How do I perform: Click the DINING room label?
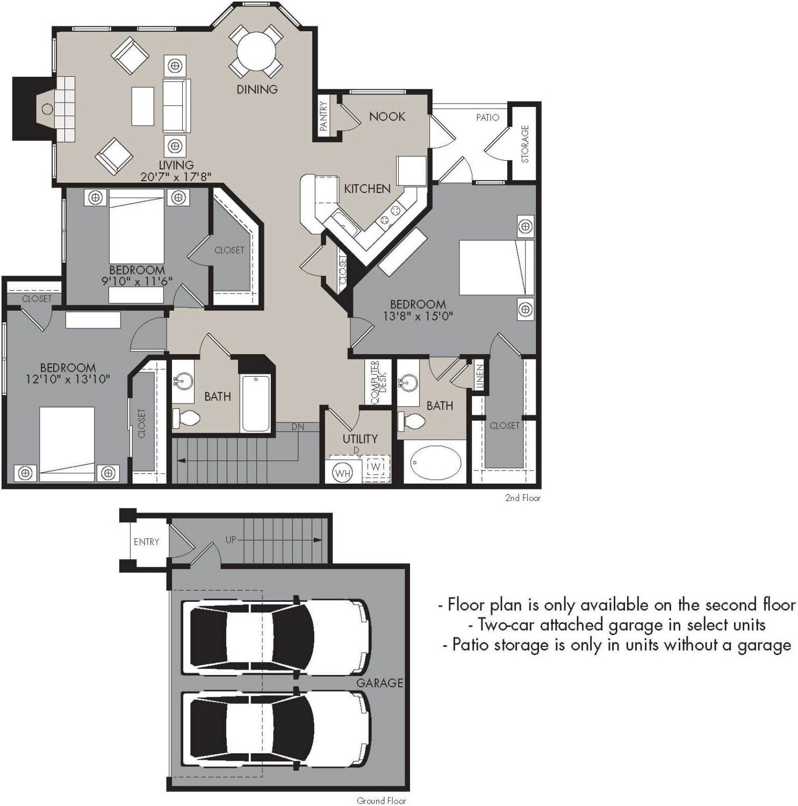pos(257,89)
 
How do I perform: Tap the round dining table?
pos(256,53)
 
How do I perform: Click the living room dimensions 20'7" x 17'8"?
pos(176,176)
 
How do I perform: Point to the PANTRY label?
pos(323,116)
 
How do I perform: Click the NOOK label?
pos(387,117)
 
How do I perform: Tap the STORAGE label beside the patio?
pos(525,143)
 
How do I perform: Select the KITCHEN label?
pos(367,189)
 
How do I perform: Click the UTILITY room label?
pos(360,438)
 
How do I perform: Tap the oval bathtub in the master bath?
pos(436,462)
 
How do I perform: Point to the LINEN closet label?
pos(480,377)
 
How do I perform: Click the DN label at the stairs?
pos(298,427)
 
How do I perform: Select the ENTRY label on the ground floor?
pos(146,542)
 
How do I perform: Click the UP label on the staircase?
pos(231,539)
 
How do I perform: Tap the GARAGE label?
pos(379,682)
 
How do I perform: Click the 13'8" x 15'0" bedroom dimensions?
pos(418,316)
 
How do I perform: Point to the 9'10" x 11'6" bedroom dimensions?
pos(136,281)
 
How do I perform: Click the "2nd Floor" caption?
pos(522,498)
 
